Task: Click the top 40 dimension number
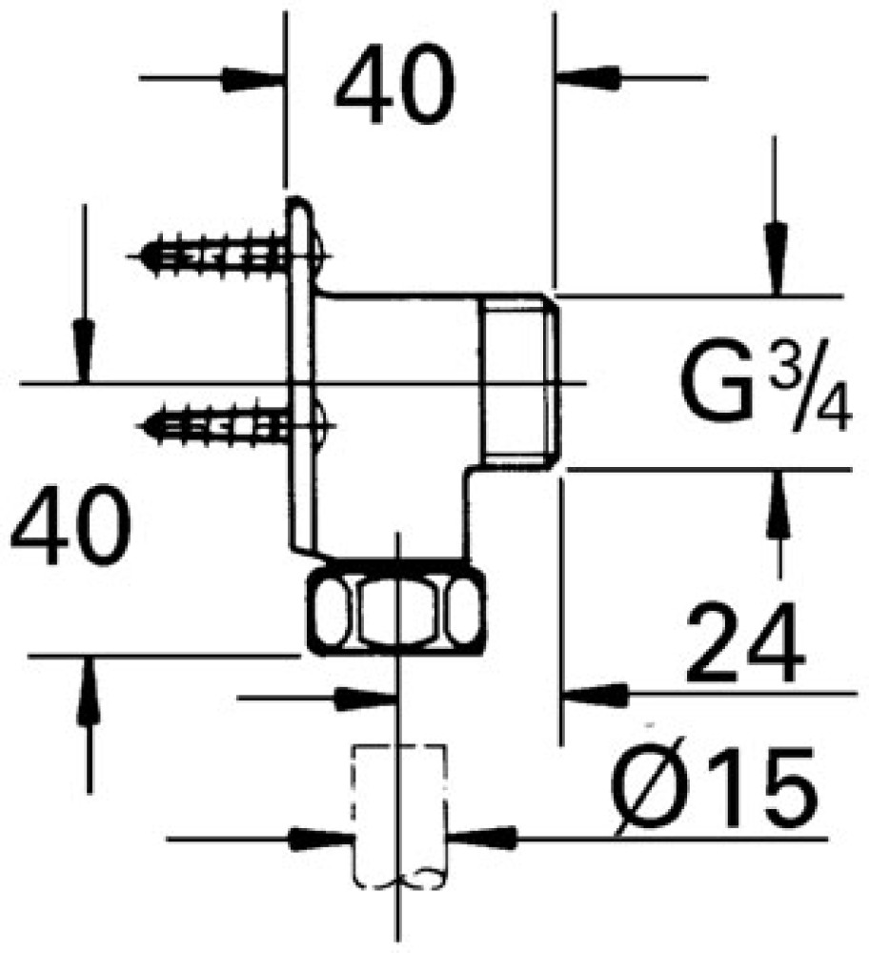(394, 84)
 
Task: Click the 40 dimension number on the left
(71, 524)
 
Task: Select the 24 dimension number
(745, 641)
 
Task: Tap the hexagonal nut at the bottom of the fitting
(396, 610)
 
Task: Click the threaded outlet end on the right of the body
(521, 380)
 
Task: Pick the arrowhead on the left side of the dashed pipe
(321, 840)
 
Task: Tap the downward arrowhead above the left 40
(84, 352)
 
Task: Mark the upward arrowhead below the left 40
(89, 690)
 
